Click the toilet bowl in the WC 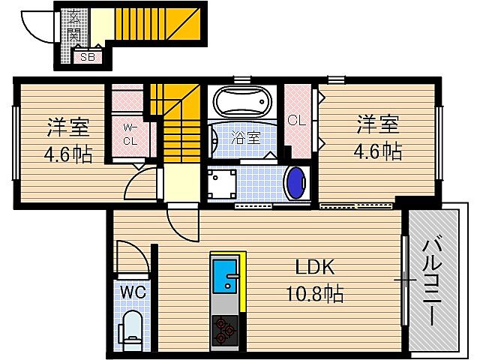[x=131, y=328]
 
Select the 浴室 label [x=245, y=137]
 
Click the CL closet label [x=296, y=119]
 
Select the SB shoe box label [x=87, y=55]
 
